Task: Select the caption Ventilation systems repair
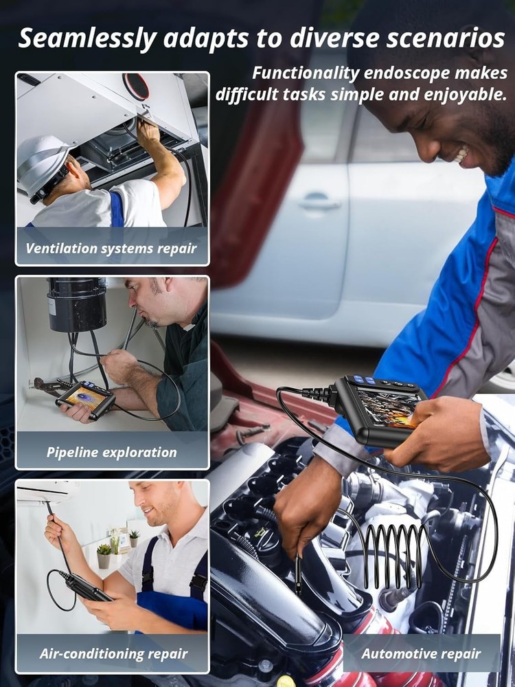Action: point(111,248)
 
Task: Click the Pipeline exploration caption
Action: point(111,452)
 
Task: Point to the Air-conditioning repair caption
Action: point(113,653)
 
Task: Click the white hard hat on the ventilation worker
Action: point(43,164)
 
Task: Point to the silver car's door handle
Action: point(319,203)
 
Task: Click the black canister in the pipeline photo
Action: point(77,304)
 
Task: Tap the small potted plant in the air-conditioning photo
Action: point(104,555)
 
